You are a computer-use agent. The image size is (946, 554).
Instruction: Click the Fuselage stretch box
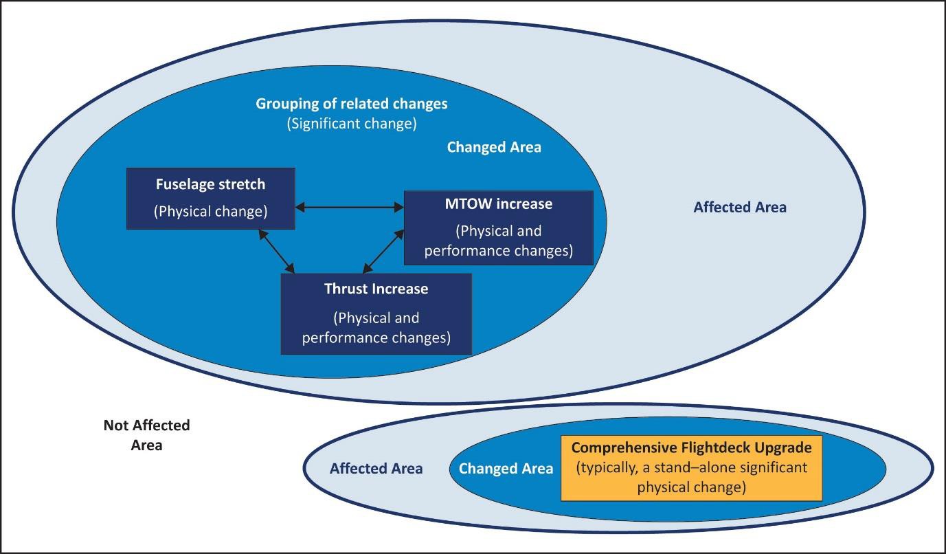(x=210, y=198)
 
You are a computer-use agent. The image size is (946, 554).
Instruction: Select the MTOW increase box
(x=498, y=228)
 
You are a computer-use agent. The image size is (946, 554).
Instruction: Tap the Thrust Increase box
(x=376, y=314)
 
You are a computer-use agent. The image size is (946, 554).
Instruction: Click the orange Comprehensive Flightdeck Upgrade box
(x=691, y=468)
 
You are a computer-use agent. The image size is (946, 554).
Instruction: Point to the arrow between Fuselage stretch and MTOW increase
(x=349, y=206)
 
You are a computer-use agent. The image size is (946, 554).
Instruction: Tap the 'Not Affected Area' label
(x=146, y=435)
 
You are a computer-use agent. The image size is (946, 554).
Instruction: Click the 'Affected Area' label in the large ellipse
(x=739, y=207)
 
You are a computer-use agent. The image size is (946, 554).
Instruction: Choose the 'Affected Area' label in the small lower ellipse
(x=376, y=469)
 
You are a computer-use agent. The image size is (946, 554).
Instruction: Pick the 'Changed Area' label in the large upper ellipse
(x=493, y=147)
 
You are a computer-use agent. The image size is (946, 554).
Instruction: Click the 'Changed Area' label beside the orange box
(x=506, y=469)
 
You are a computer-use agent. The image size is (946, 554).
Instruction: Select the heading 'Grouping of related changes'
(x=351, y=104)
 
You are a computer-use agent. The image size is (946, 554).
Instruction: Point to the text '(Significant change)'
(x=351, y=124)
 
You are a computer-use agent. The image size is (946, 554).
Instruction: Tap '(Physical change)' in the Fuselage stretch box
(x=210, y=211)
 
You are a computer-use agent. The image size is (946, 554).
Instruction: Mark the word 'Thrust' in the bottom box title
(x=346, y=289)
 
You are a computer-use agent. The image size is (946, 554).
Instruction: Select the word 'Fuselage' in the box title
(x=183, y=184)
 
